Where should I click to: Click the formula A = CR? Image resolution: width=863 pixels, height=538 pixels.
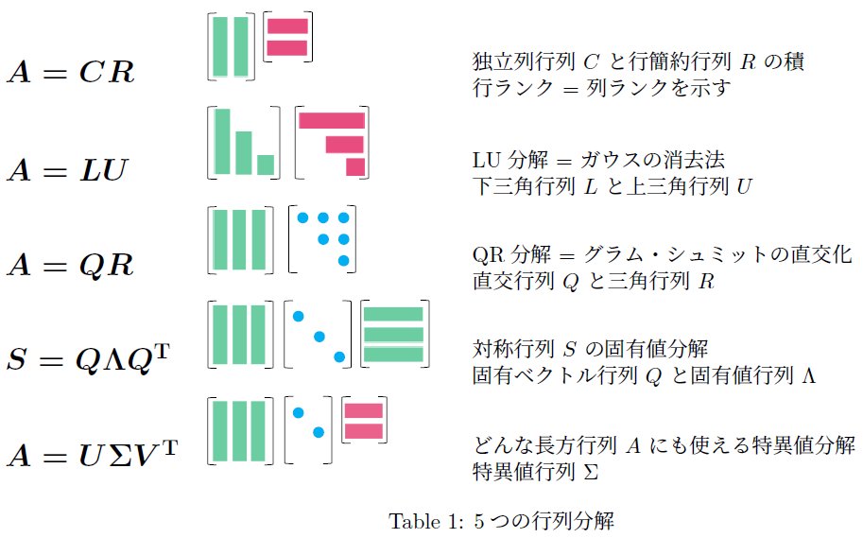[71, 72]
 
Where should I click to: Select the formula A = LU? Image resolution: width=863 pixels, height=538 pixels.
[67, 170]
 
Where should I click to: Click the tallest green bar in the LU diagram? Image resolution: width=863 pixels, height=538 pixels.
[223, 142]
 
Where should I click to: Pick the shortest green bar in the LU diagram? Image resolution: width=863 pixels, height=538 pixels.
[266, 165]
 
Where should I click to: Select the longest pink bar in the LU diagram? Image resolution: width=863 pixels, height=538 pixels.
[332, 120]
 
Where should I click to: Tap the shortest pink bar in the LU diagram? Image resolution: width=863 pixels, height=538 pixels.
[355, 167]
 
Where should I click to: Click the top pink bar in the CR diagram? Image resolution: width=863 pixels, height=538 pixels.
[288, 26]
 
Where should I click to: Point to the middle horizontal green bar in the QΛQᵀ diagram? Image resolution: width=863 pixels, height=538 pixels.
[392, 335]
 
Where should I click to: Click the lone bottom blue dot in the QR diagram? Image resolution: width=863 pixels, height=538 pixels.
[344, 260]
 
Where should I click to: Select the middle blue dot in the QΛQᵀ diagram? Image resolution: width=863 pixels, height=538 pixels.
[319, 336]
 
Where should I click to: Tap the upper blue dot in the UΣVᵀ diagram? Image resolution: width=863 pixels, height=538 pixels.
[298, 412]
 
